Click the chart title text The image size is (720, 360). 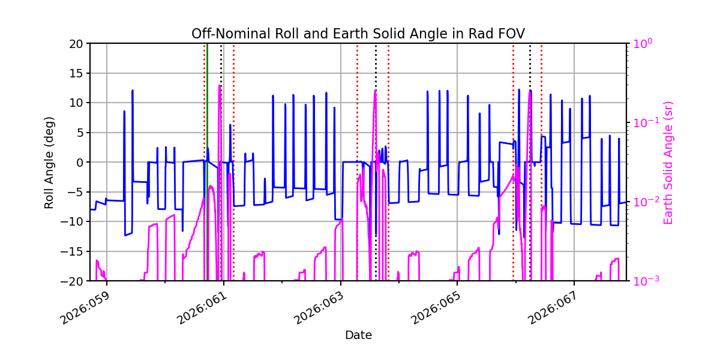[358, 34]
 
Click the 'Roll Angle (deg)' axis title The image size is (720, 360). [49, 162]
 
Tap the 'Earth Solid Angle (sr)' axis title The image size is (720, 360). [668, 162]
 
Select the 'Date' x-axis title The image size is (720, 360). [358, 335]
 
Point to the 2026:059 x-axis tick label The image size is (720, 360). [87, 305]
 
